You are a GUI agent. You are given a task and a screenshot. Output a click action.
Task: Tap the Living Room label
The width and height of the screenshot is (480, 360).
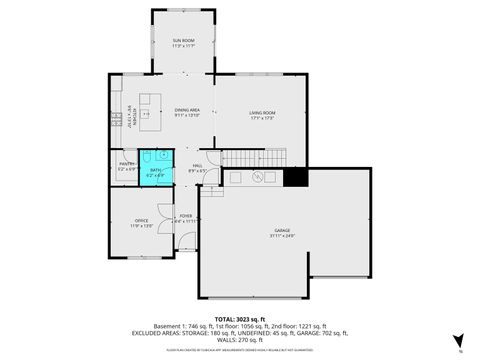(263, 112)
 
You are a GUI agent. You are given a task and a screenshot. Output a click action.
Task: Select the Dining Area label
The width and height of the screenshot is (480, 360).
(187, 110)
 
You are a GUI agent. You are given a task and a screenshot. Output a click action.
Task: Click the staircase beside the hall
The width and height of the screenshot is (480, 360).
(254, 157)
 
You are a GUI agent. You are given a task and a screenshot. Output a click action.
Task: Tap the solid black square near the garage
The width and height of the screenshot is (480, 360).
(296, 177)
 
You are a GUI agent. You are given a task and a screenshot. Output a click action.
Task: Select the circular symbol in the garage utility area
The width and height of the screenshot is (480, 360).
(257, 177)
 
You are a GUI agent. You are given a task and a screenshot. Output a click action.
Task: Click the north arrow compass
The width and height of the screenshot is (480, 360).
(458, 341)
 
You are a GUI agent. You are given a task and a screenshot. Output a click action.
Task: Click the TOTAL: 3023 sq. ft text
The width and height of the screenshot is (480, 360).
(239, 318)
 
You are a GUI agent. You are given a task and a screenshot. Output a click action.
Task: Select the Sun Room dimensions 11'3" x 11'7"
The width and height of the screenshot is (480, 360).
(182, 46)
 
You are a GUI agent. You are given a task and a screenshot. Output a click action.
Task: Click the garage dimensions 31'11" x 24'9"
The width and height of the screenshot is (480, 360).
(283, 237)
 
